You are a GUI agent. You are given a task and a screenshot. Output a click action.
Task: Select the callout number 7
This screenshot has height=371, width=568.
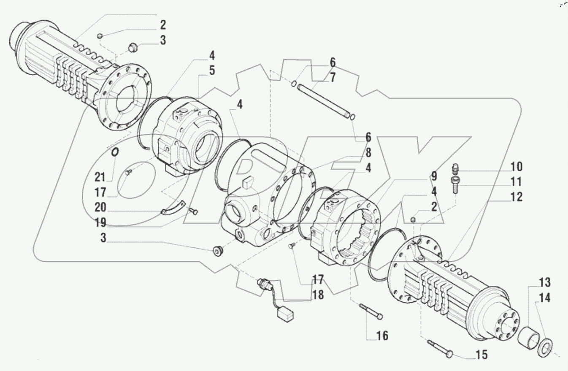coord(333,78)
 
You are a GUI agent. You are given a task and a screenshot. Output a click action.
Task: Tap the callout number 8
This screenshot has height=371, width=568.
coord(368,152)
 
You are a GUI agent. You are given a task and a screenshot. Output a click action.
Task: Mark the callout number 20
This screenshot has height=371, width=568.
coord(100,208)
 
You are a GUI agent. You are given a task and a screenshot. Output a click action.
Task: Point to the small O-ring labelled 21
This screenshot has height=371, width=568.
coord(114,152)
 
